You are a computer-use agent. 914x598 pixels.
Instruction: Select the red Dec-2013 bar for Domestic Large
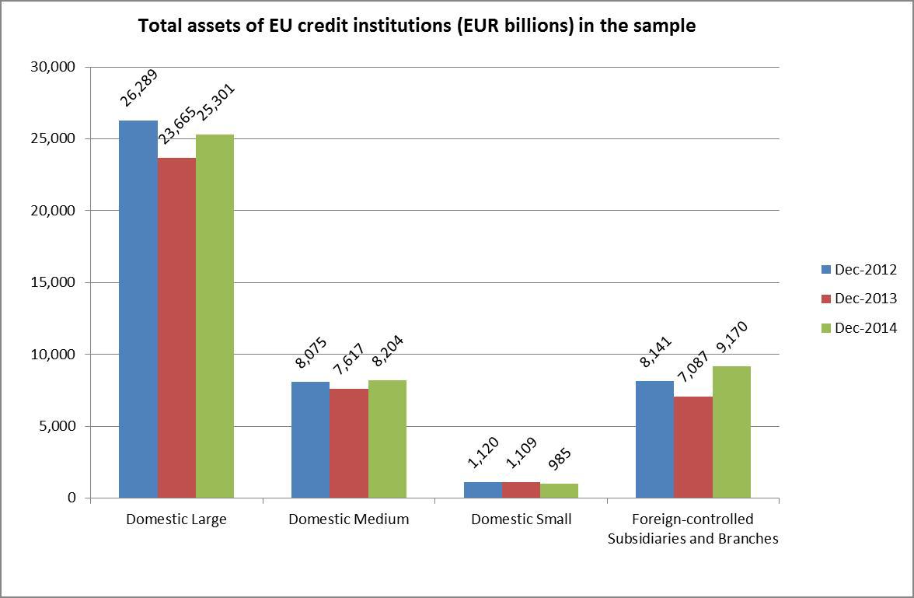[176, 327]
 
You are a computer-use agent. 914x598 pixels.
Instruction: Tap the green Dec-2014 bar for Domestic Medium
[387, 439]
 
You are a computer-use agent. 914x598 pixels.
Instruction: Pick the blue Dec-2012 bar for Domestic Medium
[310, 439]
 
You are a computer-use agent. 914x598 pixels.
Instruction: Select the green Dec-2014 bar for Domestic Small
[559, 491]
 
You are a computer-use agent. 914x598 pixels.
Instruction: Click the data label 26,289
[139, 88]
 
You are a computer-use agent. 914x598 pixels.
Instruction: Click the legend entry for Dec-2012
[866, 270]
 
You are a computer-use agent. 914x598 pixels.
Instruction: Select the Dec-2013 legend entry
[866, 299]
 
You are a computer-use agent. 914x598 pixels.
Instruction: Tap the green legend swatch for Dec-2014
[826, 328]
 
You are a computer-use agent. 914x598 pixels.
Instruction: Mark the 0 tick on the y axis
[71, 498]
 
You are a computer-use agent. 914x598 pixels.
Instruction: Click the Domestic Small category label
[521, 519]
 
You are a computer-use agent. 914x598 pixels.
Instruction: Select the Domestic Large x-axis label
[176, 519]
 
